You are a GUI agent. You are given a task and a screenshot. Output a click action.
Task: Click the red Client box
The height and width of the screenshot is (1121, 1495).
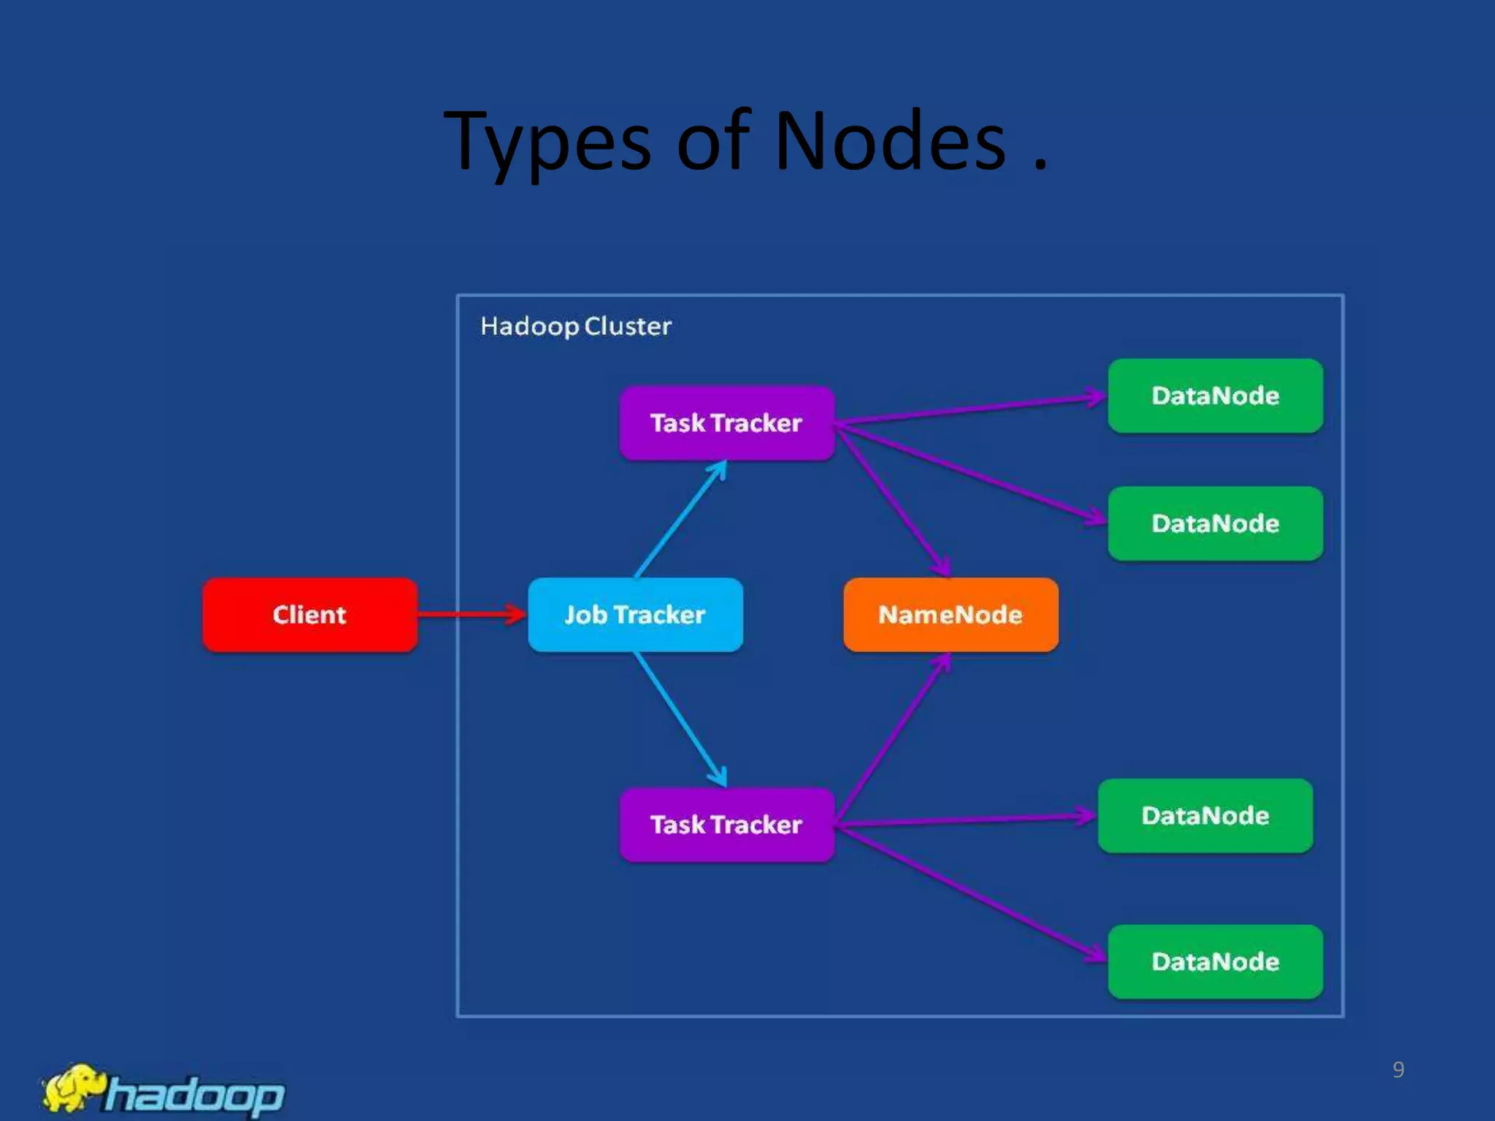[x=310, y=615]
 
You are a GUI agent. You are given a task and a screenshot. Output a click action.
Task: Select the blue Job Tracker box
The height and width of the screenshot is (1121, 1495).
[x=635, y=615]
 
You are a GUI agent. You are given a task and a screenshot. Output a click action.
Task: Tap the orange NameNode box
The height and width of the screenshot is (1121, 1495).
[x=950, y=615]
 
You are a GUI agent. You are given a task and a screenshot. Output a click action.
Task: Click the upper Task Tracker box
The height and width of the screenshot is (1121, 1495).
[x=726, y=423]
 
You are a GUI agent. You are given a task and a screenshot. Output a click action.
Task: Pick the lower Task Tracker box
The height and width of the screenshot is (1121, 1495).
[x=726, y=825]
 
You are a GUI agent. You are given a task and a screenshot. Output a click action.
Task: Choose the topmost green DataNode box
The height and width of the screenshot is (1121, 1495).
[x=1215, y=396]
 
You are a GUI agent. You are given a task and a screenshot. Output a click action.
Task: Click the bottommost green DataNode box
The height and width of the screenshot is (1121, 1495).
[x=1215, y=961]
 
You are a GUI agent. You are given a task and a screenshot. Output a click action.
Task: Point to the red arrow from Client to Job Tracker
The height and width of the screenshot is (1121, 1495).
[x=471, y=615]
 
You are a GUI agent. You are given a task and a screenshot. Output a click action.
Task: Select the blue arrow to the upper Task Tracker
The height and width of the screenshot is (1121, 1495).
[x=680, y=520]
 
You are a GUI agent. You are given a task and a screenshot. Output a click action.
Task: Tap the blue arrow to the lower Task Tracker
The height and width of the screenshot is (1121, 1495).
[x=680, y=719]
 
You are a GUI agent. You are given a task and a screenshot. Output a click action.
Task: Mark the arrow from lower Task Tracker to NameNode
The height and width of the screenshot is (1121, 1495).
[x=892, y=739]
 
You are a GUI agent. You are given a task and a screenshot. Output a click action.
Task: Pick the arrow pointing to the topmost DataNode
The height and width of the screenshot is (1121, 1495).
[x=971, y=410]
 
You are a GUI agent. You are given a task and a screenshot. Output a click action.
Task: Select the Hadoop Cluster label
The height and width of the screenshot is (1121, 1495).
[x=575, y=326]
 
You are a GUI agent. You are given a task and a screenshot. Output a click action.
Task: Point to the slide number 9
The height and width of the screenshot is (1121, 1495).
[x=1398, y=1070]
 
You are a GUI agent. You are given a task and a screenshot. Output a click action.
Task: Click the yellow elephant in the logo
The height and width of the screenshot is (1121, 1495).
[x=73, y=1087]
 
